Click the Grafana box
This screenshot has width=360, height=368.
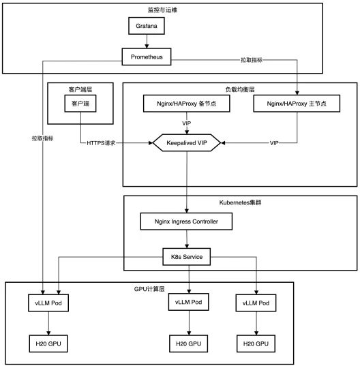pyautogui.click(x=147, y=26)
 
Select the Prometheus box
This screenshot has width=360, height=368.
pyautogui.click(x=147, y=57)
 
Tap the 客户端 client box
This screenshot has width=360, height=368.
pyautogui.click(x=80, y=104)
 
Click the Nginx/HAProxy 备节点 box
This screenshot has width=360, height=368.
pyautogui.click(x=186, y=104)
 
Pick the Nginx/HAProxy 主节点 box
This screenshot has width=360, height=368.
pyautogui.click(x=297, y=104)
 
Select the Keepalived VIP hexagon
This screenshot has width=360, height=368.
pyautogui.click(x=187, y=142)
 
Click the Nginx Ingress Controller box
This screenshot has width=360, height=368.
pyautogui.click(x=186, y=221)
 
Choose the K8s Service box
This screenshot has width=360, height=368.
pyautogui.click(x=187, y=257)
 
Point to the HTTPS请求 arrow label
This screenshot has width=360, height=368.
pyautogui.click(x=101, y=143)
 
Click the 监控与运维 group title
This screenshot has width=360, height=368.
pyautogui.click(x=162, y=10)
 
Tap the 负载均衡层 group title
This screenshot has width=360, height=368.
pyautogui.click(x=240, y=89)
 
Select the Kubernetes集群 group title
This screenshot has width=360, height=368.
pyautogui.click(x=240, y=202)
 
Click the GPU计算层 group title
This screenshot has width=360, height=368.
pyautogui.click(x=149, y=289)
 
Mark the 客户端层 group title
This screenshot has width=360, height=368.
pyautogui.click(x=80, y=89)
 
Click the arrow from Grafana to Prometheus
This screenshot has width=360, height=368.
pyautogui.click(x=147, y=42)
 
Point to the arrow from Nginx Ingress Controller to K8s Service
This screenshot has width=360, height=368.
pyautogui.click(x=187, y=239)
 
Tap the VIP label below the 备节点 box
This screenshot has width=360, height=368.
pyautogui.click(x=187, y=123)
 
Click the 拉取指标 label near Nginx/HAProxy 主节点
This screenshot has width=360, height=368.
pyautogui.click(x=252, y=60)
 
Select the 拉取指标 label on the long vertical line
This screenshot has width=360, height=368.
pyautogui.click(x=42, y=138)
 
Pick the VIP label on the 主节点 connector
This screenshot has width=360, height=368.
pyautogui.click(x=274, y=143)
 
